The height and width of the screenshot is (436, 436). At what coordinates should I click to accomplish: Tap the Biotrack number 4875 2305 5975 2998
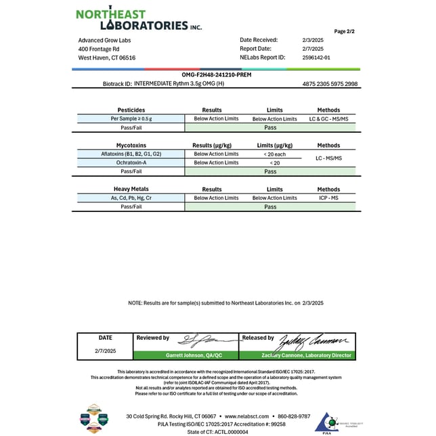click(x=330, y=84)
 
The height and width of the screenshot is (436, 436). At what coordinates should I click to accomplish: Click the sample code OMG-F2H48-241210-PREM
click(x=217, y=75)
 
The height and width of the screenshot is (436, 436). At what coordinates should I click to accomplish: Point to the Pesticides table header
click(x=131, y=110)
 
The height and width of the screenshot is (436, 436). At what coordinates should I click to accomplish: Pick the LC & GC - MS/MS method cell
click(x=328, y=118)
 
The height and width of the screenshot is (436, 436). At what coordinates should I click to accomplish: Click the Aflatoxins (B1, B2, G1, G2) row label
click(x=131, y=154)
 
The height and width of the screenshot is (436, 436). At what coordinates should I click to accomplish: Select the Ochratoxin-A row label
click(x=131, y=162)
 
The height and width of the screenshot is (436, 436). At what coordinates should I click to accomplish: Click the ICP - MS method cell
click(x=328, y=198)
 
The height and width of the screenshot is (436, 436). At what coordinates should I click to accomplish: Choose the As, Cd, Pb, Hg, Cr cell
click(x=131, y=198)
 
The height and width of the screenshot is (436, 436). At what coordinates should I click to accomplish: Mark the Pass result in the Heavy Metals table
click(x=270, y=206)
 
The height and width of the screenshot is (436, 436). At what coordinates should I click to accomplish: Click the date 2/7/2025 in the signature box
click(x=105, y=351)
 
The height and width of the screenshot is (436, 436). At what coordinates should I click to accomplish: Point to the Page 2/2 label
click(x=345, y=32)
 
